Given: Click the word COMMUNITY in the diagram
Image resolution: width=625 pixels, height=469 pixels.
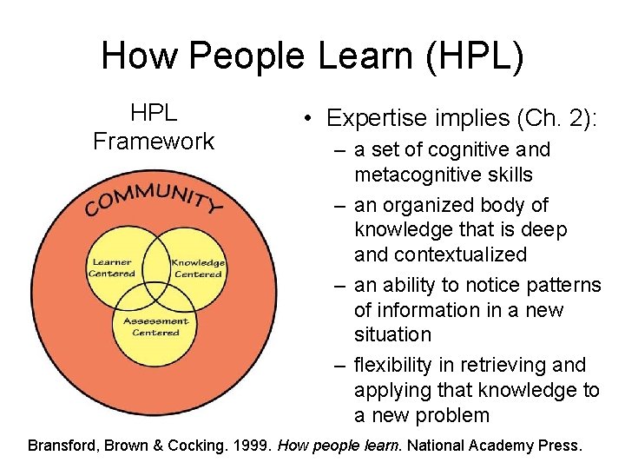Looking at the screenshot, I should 154,195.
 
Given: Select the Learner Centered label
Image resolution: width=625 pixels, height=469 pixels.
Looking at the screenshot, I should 112,268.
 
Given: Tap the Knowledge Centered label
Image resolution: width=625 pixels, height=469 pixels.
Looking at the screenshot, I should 198,268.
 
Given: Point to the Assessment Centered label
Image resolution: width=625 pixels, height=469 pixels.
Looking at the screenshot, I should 156,327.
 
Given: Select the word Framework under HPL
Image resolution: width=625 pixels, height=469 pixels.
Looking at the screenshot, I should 154,142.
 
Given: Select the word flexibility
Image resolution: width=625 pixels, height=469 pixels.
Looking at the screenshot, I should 400,365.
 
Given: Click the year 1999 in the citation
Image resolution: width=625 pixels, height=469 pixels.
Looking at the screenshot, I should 252,446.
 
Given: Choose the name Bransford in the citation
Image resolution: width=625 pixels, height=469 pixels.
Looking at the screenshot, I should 62,446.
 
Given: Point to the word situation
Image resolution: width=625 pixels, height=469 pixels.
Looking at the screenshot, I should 392,334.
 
